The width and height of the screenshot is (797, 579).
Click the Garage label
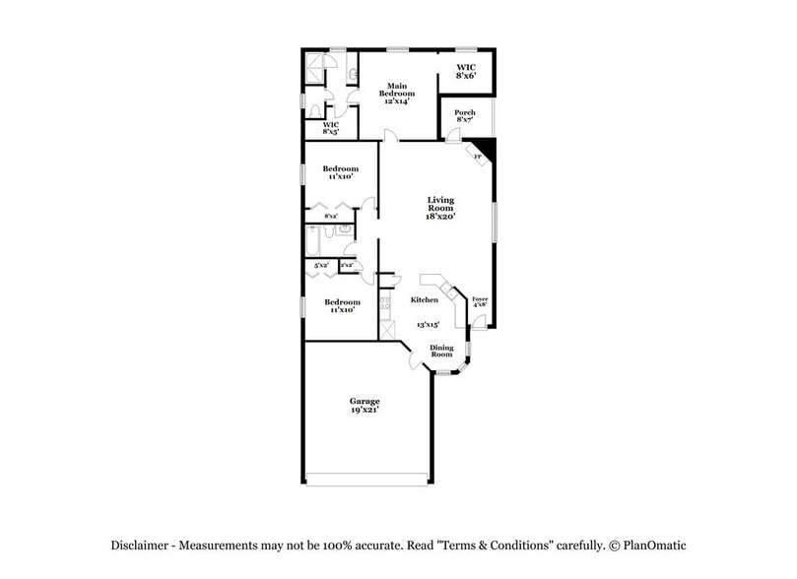coord(365,401)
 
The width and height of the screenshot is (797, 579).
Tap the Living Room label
coord(439,204)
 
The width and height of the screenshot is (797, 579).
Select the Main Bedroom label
coord(396,89)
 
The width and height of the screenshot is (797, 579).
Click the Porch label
coord(465,112)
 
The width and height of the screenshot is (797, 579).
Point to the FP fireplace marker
coord(479,158)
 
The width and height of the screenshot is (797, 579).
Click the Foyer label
coord(480,298)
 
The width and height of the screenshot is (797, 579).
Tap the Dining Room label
coord(441,351)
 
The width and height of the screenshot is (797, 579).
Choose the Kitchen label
coord(425,299)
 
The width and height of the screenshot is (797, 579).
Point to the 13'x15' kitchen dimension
coord(427,324)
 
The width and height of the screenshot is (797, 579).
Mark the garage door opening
coord(367,481)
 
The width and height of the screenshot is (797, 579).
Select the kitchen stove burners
coord(386,304)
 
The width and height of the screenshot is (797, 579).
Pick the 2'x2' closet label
coord(347,265)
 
